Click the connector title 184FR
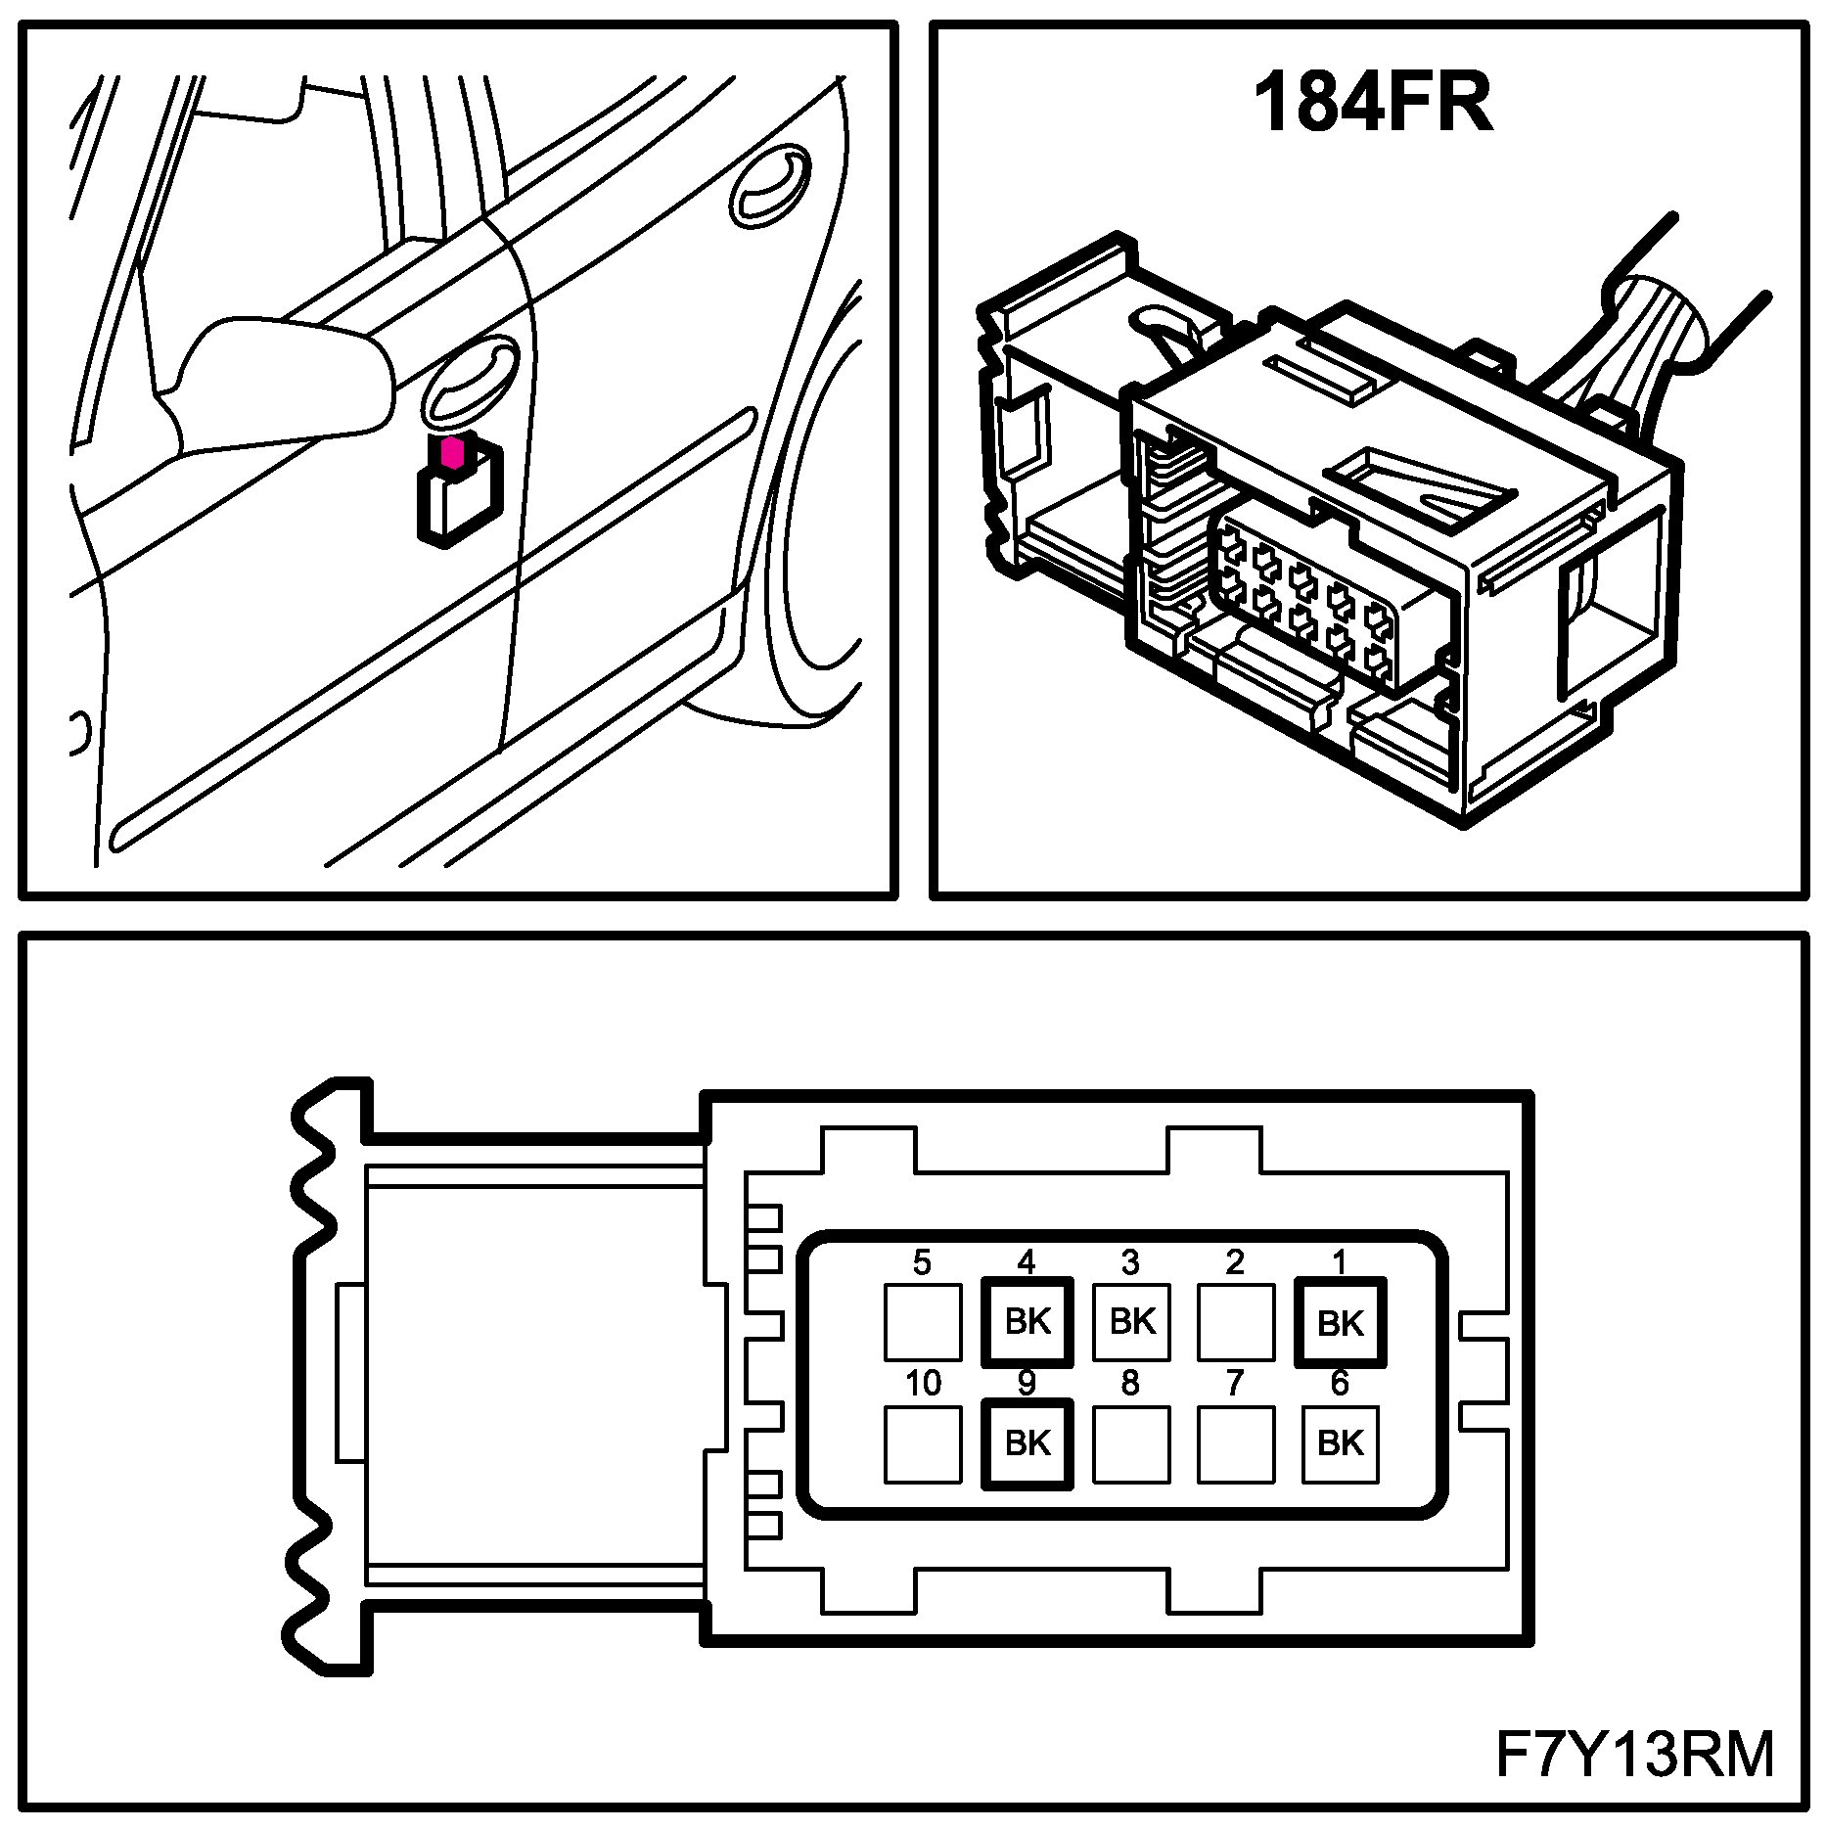coord(1372,103)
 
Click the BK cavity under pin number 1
coord(1340,1322)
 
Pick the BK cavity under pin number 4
coord(1027,1322)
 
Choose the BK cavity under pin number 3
coord(1131,1322)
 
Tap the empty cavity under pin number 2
coord(1235,1322)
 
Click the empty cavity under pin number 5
coord(922,1322)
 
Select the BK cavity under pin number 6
coord(1340,1443)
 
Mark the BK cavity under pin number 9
coord(1027,1443)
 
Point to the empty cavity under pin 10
coord(922,1443)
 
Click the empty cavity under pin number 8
coord(1131,1443)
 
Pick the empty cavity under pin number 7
coord(1235,1443)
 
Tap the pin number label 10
coord(922,1383)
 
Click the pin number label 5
coord(922,1262)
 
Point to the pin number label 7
coord(1235,1383)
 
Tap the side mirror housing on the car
coord(284,382)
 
